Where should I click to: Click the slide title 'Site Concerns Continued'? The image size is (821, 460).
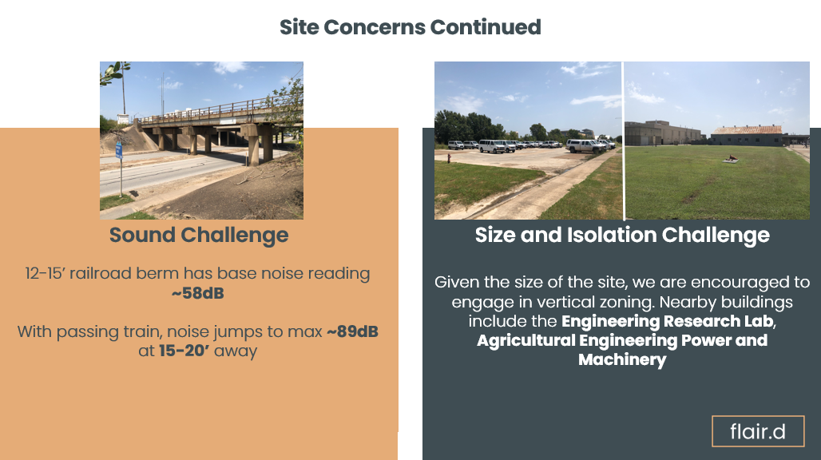tap(410, 27)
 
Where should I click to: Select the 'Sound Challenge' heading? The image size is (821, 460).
tap(199, 235)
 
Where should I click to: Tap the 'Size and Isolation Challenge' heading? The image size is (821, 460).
tap(622, 235)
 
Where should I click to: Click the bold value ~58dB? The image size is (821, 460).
tap(197, 293)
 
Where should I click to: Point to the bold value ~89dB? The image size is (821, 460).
tap(351, 331)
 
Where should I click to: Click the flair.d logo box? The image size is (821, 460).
tap(757, 432)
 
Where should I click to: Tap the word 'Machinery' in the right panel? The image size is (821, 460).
tap(622, 359)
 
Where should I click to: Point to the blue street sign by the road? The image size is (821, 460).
tap(119, 149)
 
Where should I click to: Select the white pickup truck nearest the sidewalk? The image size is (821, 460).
tap(585, 145)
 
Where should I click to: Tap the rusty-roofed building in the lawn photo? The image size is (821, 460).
tap(747, 134)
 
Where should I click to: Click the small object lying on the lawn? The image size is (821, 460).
tap(729, 159)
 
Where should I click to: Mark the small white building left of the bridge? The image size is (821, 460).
tap(124, 119)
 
